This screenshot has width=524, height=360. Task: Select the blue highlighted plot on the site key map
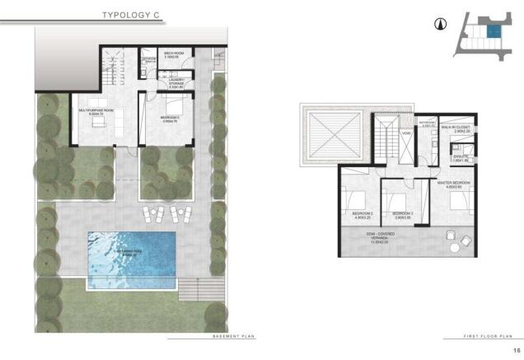tap(492, 32)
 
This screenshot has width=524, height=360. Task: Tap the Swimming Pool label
tap(132, 254)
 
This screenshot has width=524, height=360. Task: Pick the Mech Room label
tap(172, 54)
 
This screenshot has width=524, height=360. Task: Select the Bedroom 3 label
tap(402, 214)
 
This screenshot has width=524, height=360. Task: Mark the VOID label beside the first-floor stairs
tap(405, 133)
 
